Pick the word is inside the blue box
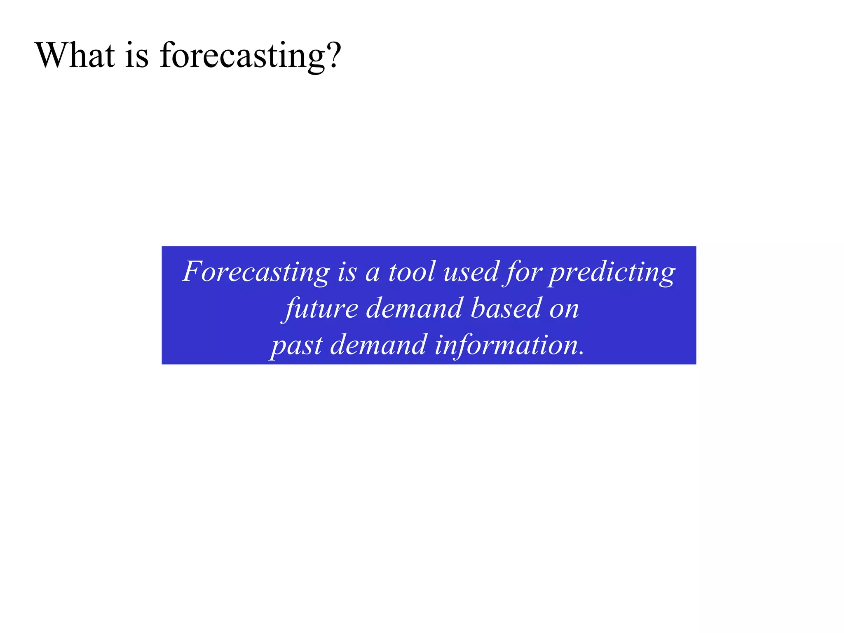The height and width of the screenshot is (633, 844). pyautogui.click(x=347, y=272)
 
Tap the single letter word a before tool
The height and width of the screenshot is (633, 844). pyautogui.click(x=372, y=274)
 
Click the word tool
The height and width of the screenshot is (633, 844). pyautogui.click(x=412, y=272)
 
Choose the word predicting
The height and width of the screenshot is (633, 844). pyautogui.click(x=612, y=273)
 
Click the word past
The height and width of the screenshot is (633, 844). pyautogui.click(x=297, y=346)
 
